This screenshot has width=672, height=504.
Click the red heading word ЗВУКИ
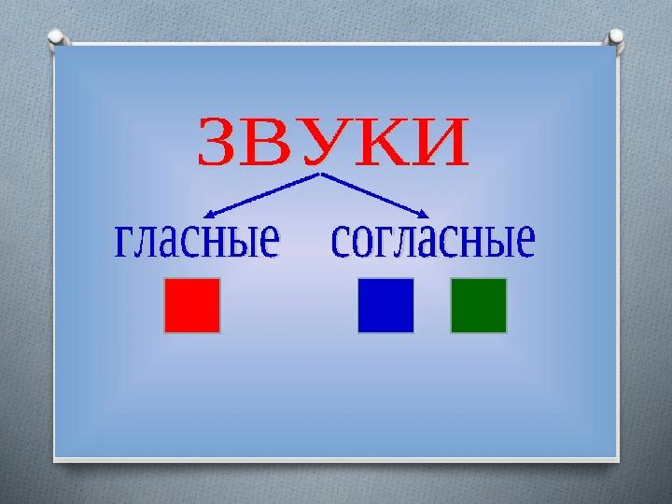(333, 141)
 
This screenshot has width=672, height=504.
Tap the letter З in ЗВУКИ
(217, 142)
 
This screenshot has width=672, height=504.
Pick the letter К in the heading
(376, 142)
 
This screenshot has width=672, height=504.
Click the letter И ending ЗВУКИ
(438, 142)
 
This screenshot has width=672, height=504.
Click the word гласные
(197, 240)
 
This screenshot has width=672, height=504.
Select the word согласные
(433, 240)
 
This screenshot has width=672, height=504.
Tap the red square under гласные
(192, 305)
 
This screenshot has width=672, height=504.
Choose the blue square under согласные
(385, 305)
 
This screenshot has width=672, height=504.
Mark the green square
(479, 305)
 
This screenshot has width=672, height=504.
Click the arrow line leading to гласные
(261, 195)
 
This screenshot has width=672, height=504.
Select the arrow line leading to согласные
(375, 195)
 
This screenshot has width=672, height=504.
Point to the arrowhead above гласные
(208, 214)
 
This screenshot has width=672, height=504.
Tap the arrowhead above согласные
(425, 214)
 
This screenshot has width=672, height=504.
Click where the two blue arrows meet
(320, 174)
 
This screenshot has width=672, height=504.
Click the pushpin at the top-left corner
(57, 37)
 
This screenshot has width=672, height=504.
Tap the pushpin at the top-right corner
(614, 37)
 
